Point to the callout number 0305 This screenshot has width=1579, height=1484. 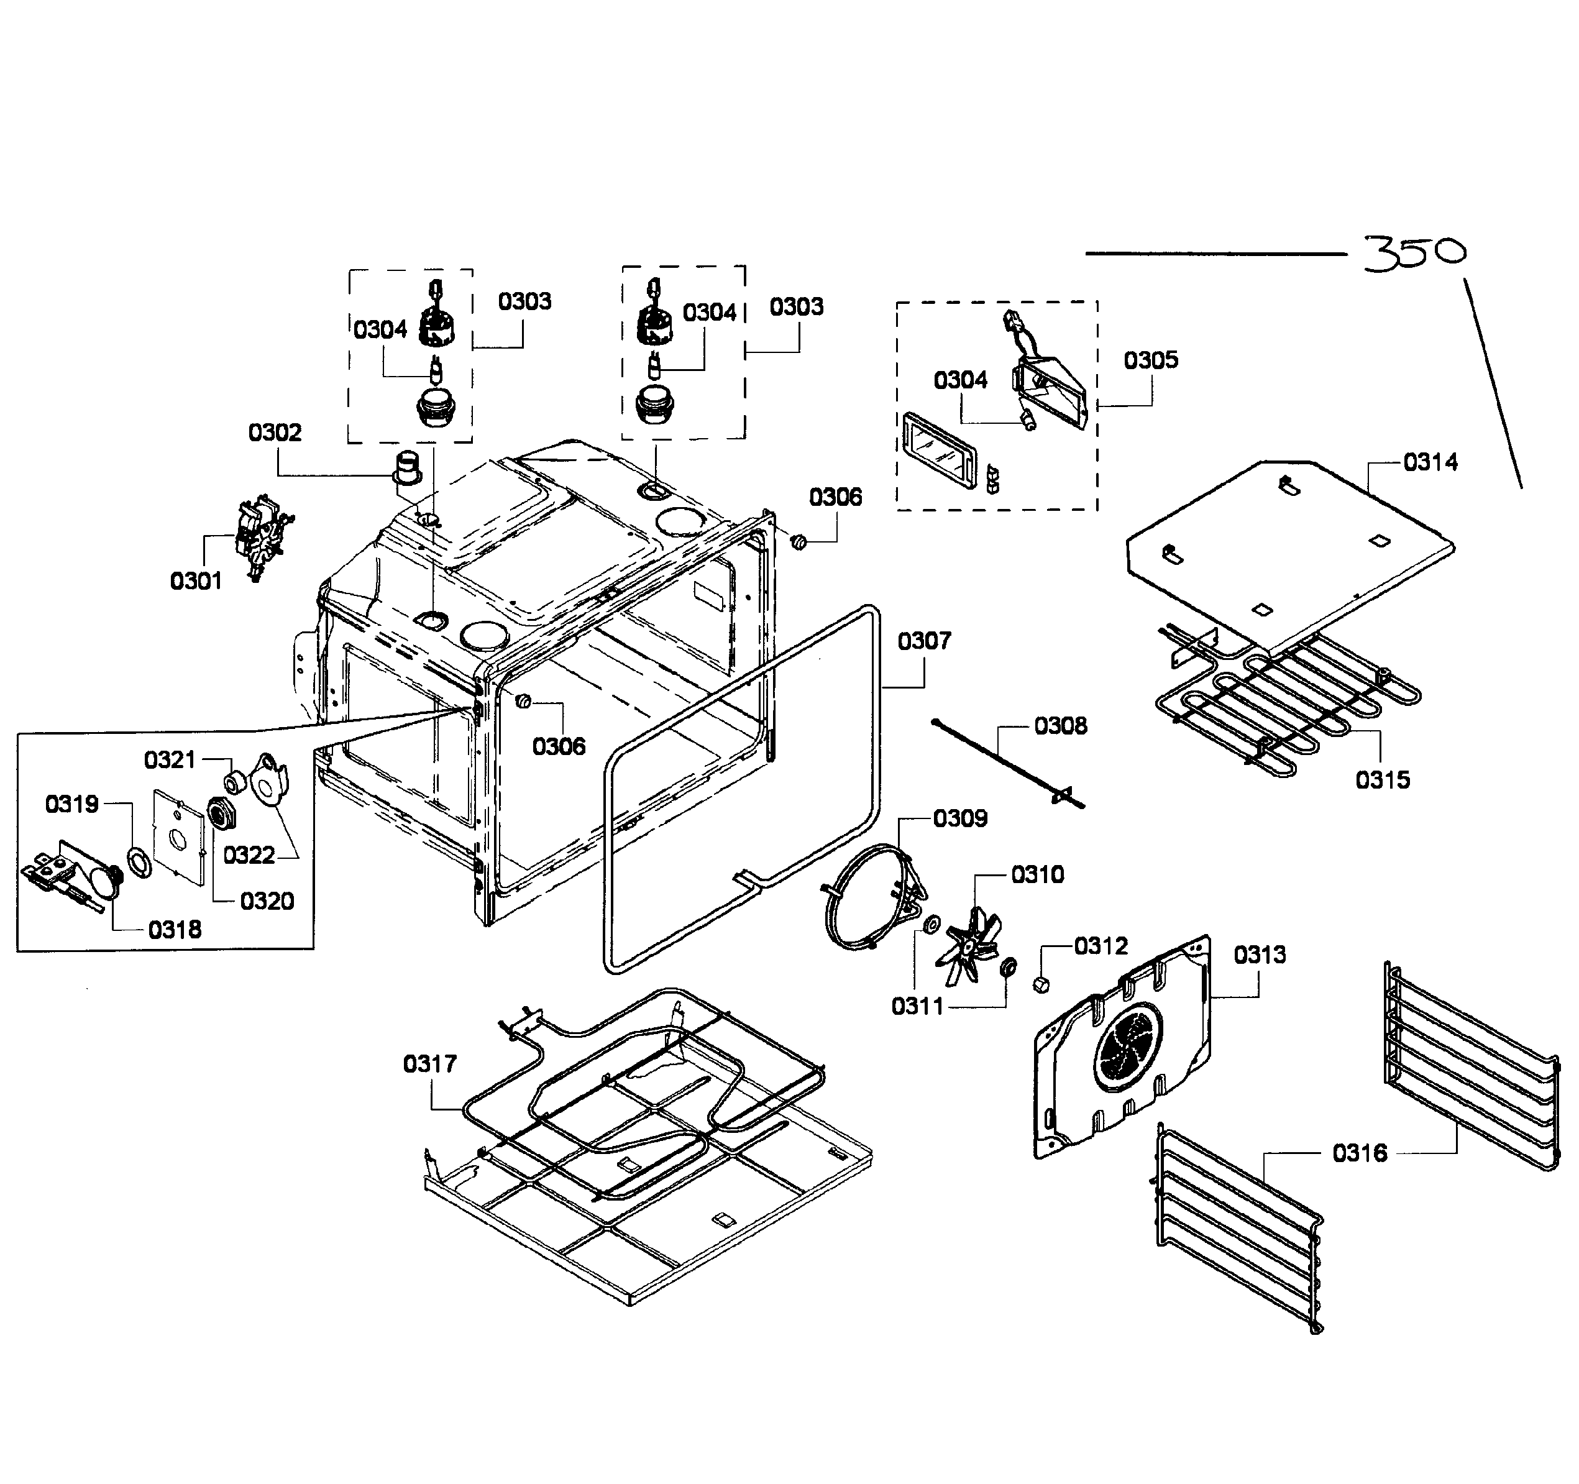[1150, 360]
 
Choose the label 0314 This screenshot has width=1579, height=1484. [1430, 462]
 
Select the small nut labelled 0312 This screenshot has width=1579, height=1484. [1040, 985]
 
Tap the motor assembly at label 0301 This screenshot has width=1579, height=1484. [260, 539]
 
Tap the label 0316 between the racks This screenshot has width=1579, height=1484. [1360, 1153]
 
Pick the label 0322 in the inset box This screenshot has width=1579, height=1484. [249, 855]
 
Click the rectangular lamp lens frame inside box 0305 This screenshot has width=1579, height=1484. [940, 450]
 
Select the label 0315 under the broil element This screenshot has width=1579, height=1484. [1383, 779]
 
